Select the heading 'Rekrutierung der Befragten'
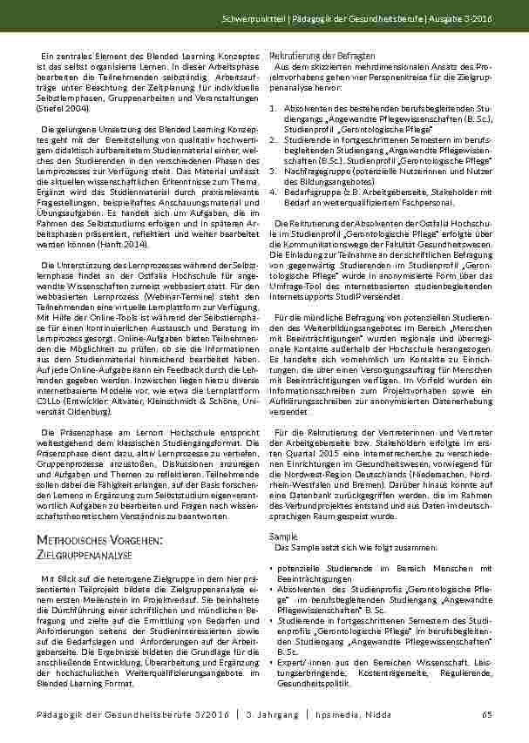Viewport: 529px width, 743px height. [x=311, y=56]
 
